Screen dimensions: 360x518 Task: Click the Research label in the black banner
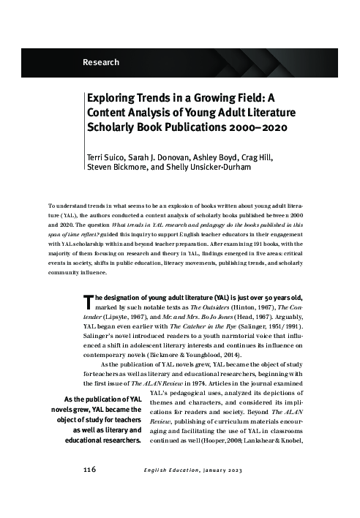click(101, 63)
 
